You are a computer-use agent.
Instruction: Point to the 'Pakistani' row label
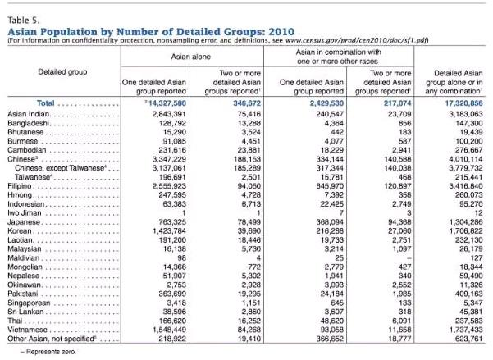point(23,289)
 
